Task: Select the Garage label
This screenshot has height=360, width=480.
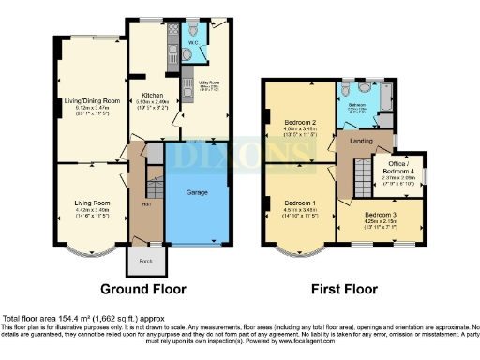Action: coord(197,191)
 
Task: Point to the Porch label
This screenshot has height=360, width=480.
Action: coord(145,261)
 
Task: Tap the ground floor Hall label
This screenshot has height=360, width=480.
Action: coord(147,203)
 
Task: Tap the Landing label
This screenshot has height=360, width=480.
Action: coord(361,142)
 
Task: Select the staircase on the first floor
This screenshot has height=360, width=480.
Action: coord(361,174)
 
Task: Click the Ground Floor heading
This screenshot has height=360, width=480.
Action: coord(143,289)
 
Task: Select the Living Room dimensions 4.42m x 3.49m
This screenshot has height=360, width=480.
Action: coord(92,211)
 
